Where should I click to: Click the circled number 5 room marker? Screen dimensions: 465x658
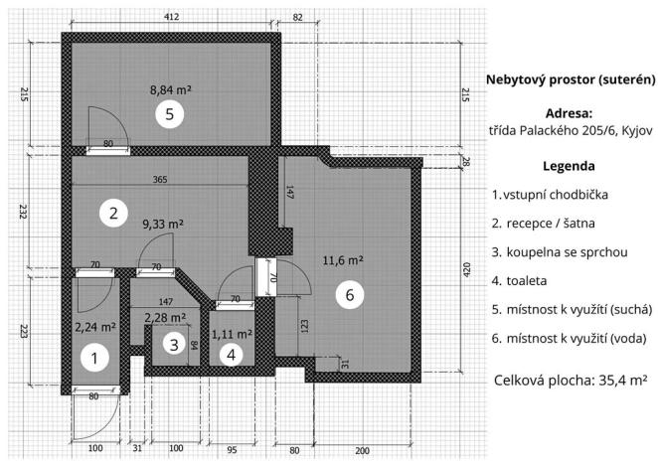coord(170,115)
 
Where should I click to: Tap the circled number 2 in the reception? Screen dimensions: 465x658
coord(114,213)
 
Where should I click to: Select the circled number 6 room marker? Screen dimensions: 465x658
coord(345,294)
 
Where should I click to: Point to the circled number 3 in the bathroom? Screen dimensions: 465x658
coord(174,345)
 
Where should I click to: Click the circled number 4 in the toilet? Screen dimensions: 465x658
coord(231,354)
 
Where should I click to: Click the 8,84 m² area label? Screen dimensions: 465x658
coord(170,89)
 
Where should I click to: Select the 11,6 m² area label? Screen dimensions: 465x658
coord(343,261)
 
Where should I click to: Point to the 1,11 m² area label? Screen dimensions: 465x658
coord(232,334)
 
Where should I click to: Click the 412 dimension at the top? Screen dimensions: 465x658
coord(171,17)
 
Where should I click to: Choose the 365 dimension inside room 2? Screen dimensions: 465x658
coord(159,180)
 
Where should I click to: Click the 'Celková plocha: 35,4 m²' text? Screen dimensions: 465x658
coord(571,380)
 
